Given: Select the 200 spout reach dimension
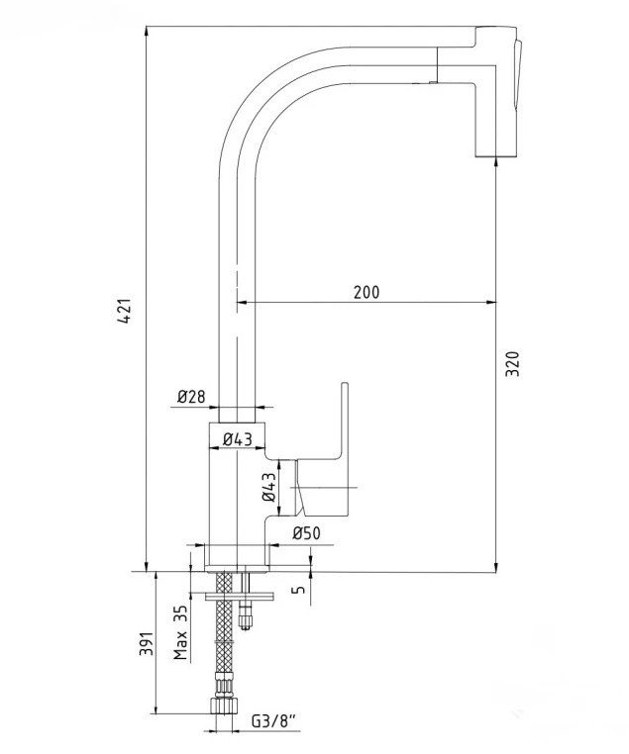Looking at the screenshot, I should [x=367, y=292].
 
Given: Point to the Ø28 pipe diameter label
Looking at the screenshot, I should [x=191, y=397].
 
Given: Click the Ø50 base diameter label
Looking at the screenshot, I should [x=306, y=534].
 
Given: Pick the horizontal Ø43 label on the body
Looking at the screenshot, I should [x=236, y=439].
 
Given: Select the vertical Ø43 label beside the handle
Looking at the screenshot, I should [x=270, y=488].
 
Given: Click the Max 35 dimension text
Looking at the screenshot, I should [x=180, y=633].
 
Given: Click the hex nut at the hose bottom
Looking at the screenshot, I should [x=223, y=707].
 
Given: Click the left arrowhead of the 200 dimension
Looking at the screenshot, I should [x=239, y=302].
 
